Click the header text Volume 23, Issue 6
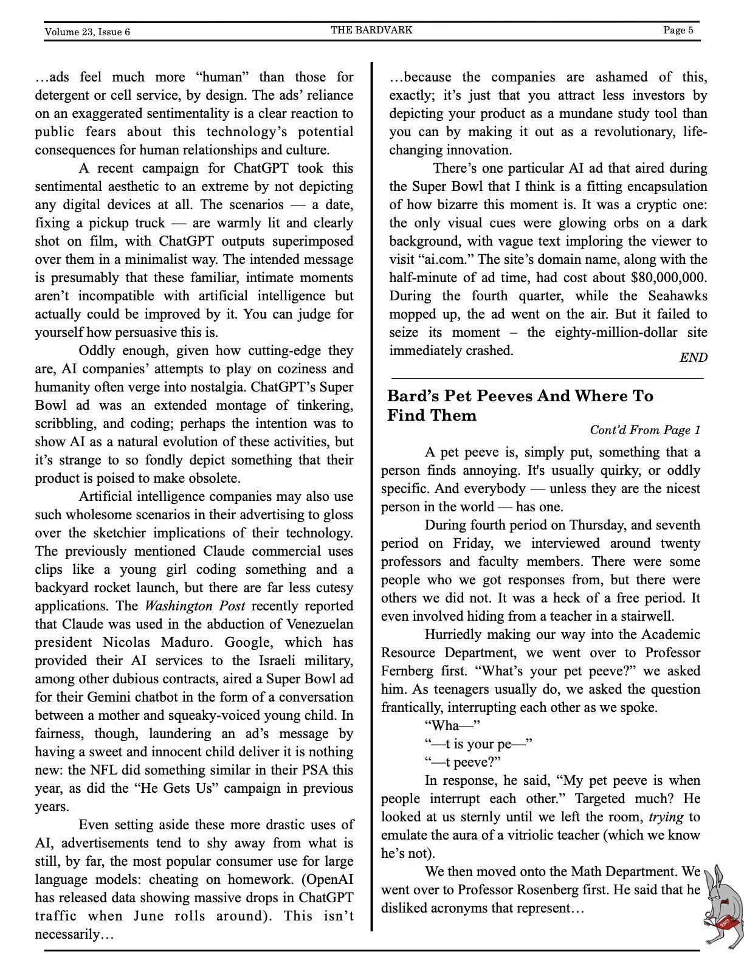point(87,32)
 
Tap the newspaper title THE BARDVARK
point(371,30)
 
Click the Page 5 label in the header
point(678,30)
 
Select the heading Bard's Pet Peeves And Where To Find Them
point(520,406)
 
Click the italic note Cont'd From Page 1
point(645,430)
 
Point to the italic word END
point(693,357)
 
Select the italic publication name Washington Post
point(195,606)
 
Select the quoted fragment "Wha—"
point(452,726)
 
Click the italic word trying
point(666,817)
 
